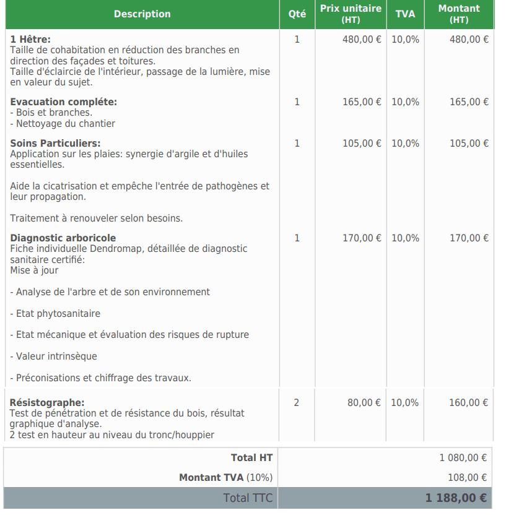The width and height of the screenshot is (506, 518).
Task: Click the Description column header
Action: pyautogui.click(x=142, y=14)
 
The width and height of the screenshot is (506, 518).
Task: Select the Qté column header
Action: pyautogui.click(x=297, y=14)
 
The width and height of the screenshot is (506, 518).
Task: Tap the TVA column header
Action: pyautogui.click(x=405, y=14)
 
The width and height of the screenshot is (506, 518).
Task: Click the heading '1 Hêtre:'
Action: pyautogui.click(x=30, y=40)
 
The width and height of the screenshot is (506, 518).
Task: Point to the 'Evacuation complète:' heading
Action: pyautogui.click(x=63, y=102)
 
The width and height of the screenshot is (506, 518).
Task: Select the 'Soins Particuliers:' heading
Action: pyautogui.click(x=55, y=144)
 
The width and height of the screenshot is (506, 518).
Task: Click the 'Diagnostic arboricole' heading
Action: pyautogui.click(x=63, y=238)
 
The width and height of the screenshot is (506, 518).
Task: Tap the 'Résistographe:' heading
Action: pyautogui.click(x=47, y=403)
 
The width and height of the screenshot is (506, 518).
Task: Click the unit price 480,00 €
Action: pyautogui.click(x=362, y=40)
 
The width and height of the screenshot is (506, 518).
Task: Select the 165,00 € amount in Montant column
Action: pyautogui.click(x=469, y=102)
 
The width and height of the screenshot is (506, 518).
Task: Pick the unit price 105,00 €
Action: pyautogui.click(x=362, y=144)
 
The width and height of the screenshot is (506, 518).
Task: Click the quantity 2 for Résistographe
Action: pyautogui.click(x=296, y=403)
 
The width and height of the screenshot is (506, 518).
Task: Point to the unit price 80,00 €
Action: pyautogui.click(x=364, y=403)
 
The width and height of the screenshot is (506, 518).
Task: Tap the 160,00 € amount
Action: pyautogui.click(x=468, y=403)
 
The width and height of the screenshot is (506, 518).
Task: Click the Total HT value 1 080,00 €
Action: pyautogui.click(x=463, y=458)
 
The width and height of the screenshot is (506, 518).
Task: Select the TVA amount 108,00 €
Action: pyautogui.click(x=467, y=478)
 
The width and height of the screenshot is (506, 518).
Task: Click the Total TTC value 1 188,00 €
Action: pyautogui.click(x=455, y=498)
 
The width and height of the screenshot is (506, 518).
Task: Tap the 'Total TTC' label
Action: pyautogui.click(x=248, y=498)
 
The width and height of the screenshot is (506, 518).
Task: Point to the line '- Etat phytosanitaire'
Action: pyautogui.click(x=55, y=314)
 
